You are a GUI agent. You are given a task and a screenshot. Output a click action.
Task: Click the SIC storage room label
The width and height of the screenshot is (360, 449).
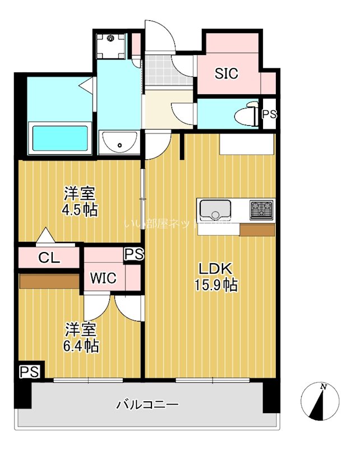pyautogui.click(x=227, y=73)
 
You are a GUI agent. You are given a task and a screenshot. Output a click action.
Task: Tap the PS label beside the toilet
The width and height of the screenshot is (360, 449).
pyautogui.click(x=269, y=114)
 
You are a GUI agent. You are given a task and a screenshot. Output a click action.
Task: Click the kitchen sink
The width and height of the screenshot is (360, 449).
pyautogui.click(x=215, y=210)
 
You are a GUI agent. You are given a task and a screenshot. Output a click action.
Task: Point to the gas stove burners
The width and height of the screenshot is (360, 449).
pyautogui.click(x=261, y=209)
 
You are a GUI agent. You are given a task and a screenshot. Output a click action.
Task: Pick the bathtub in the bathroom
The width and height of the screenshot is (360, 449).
pyautogui.click(x=61, y=138)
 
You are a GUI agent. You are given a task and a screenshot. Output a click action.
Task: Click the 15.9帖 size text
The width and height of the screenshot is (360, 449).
pyautogui.click(x=215, y=285)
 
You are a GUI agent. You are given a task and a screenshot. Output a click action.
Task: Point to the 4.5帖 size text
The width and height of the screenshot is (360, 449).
pyautogui.click(x=79, y=210)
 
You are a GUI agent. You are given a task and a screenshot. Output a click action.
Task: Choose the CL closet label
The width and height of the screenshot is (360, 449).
pyautogui.click(x=49, y=258)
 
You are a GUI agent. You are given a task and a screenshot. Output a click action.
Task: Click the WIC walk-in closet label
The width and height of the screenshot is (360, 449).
pyautogui.click(x=104, y=278)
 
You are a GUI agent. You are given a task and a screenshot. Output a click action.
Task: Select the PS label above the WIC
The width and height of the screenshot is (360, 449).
pyautogui.click(x=134, y=254)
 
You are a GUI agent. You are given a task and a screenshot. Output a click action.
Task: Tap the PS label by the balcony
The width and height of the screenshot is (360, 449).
pyautogui.click(x=30, y=372)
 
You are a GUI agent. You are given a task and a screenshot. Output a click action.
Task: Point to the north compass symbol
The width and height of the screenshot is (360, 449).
pyautogui.click(x=320, y=401)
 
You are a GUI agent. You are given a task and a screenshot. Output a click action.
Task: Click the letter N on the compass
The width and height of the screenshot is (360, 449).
pyautogui.click(x=324, y=387)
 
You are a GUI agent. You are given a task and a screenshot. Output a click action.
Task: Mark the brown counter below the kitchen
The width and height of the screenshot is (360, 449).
pyautogui.click(x=256, y=230)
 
